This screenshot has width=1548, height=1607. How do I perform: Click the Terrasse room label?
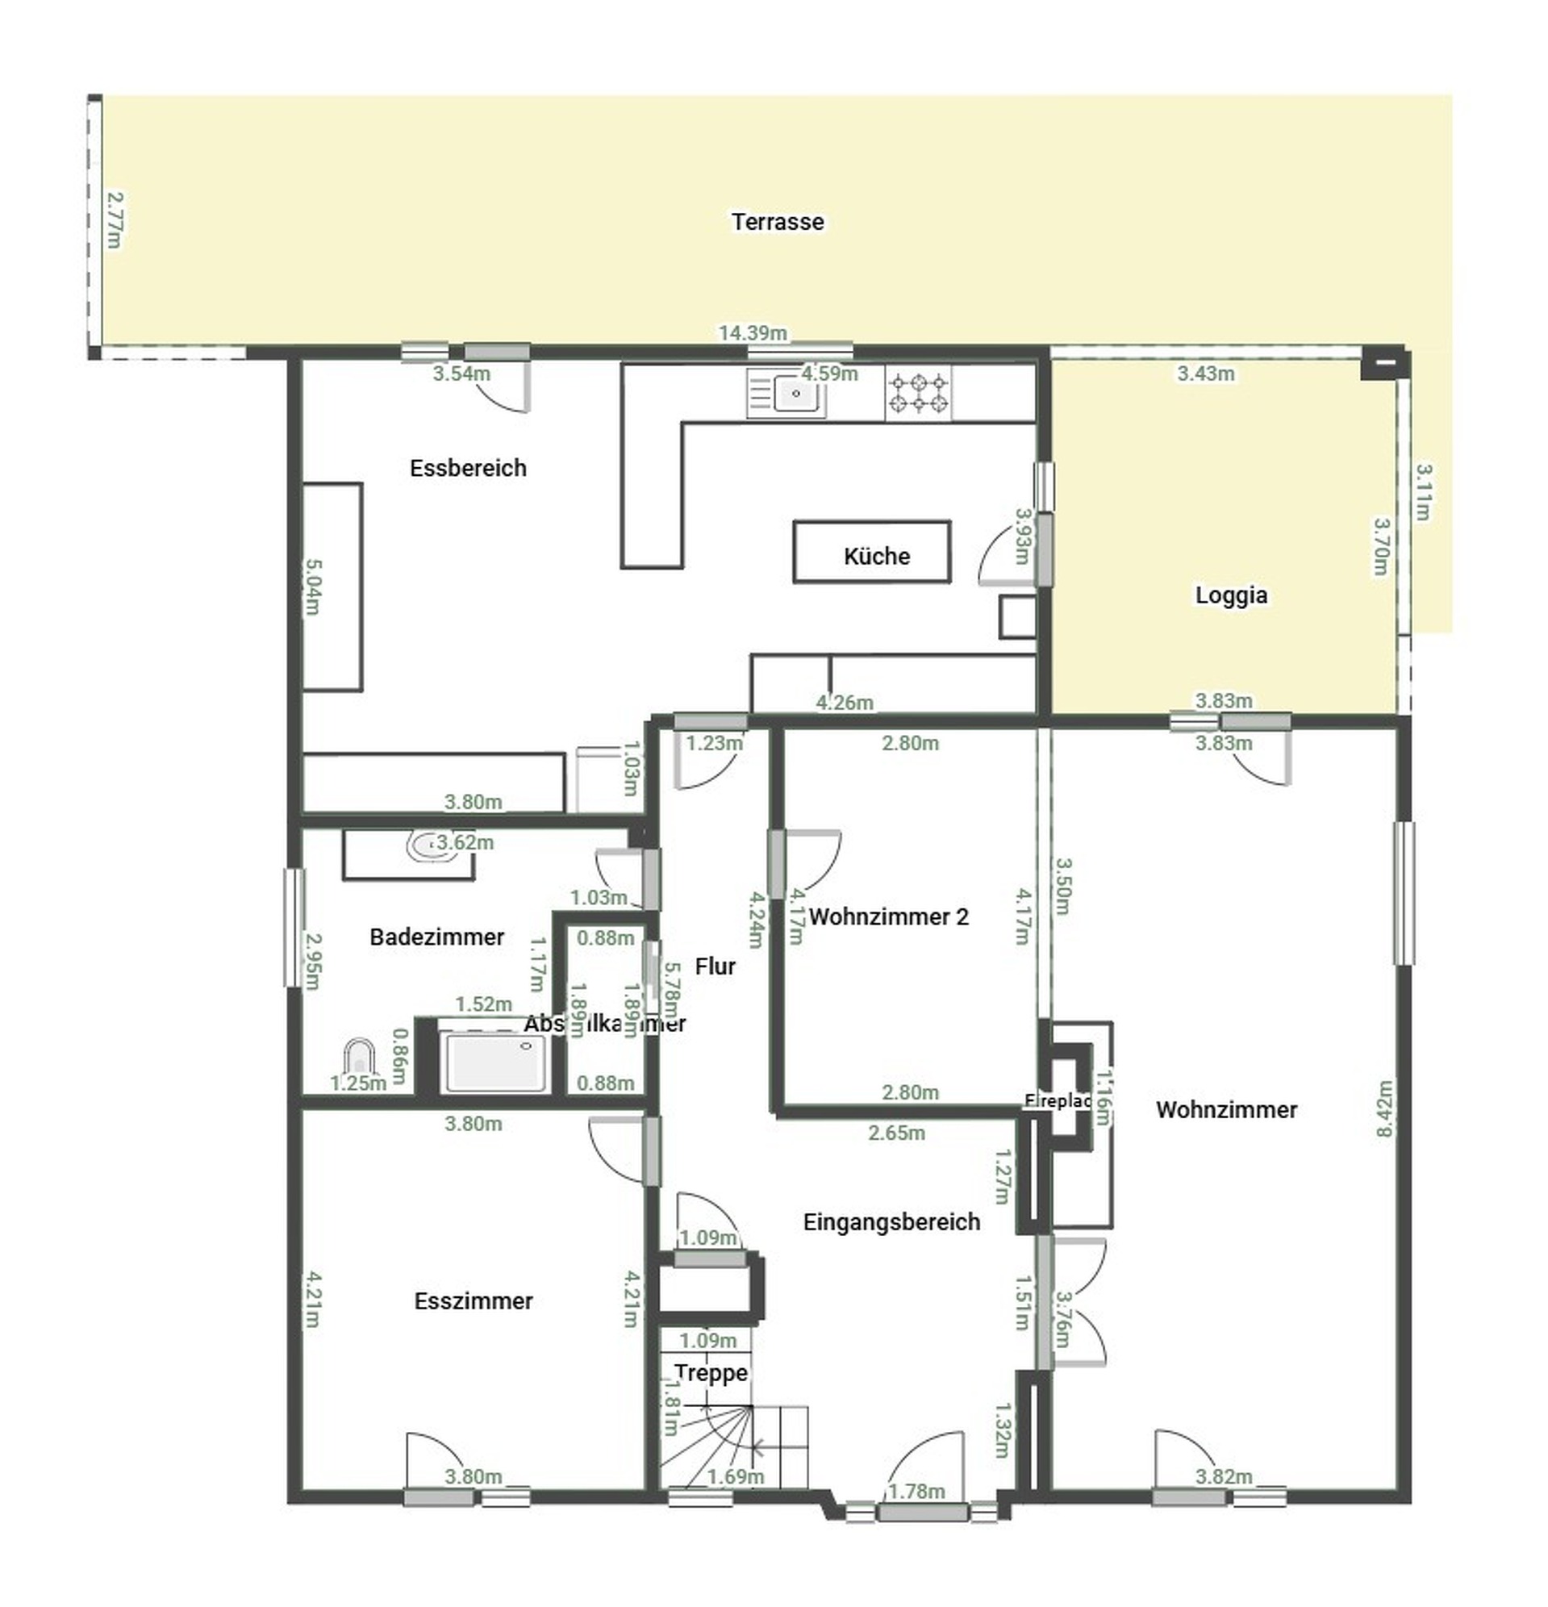777,221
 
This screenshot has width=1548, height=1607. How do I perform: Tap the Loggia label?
1230,595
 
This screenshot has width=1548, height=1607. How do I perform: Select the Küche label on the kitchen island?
876,556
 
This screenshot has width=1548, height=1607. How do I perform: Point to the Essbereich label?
467,468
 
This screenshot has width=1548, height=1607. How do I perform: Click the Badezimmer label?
436,937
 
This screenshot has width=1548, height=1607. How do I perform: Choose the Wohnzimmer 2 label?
888,916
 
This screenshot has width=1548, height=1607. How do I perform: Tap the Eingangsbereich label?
891,1221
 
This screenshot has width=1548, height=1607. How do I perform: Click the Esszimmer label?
473,1300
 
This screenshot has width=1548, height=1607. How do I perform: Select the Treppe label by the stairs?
711,1372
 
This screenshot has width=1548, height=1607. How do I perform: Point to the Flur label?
714,966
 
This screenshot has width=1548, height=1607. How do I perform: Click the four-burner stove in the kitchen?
918,393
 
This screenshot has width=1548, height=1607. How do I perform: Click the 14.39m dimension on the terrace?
752,333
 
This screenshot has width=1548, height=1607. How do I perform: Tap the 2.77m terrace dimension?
115,219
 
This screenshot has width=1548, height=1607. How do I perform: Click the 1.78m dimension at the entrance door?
916,1491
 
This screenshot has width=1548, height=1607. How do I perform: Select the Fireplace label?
1057,1101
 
